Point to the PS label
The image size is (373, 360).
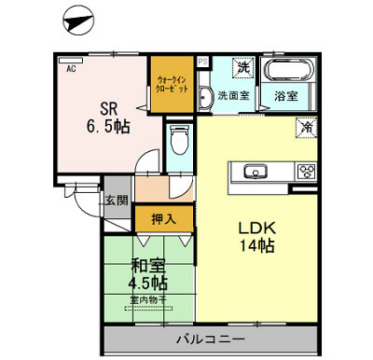pyautogui.click(x=203, y=62)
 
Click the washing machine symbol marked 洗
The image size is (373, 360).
pyautogui.click(x=242, y=67)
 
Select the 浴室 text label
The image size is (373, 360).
pyautogui.click(x=285, y=95)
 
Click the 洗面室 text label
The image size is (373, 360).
pyautogui.click(x=232, y=95)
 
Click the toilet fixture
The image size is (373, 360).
pyautogui.click(x=179, y=140)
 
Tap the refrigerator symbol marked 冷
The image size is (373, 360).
pyautogui.click(x=305, y=128)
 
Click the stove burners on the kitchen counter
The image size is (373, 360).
pyautogui.click(x=305, y=171)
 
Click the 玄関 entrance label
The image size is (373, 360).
pyautogui.click(x=117, y=200)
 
